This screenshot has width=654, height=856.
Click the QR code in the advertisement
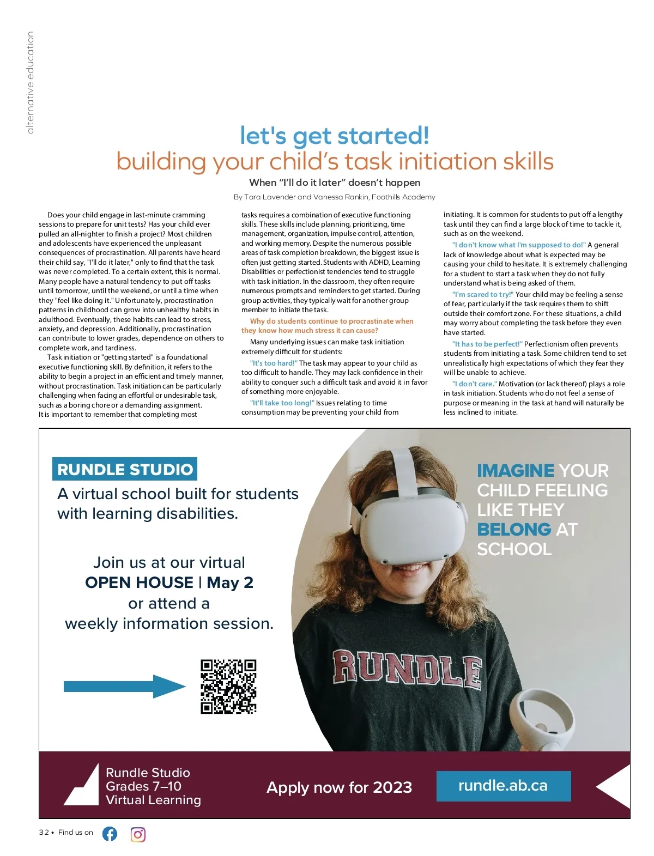point(228,687)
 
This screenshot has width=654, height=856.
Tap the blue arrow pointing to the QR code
point(124,687)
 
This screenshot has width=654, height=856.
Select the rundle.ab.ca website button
point(503,786)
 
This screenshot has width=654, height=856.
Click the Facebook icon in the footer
point(110,834)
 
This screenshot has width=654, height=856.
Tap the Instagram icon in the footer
point(138,834)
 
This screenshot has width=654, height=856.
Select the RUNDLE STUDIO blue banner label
point(125,469)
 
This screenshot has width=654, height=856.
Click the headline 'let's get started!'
point(334,136)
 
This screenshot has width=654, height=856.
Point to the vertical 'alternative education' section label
point(30,82)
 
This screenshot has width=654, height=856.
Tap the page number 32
point(44,832)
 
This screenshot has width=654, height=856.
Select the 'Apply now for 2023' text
point(339,787)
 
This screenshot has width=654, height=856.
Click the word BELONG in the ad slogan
point(514,529)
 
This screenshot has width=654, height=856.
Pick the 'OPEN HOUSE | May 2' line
point(169,582)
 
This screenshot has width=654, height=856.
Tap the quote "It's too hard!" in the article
point(274,363)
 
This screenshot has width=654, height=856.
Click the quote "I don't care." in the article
point(474,384)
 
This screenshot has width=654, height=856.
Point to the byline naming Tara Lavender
point(334,197)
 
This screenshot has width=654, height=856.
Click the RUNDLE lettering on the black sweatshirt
point(407,666)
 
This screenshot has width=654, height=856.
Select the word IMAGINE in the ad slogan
point(515,470)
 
